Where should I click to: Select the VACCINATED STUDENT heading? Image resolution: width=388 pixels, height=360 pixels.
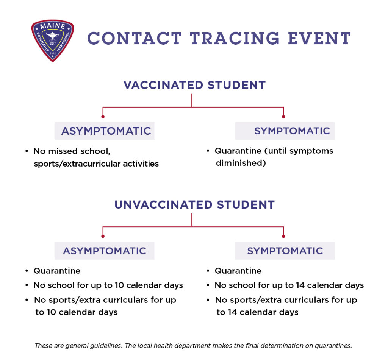pyautogui.click(x=194, y=85)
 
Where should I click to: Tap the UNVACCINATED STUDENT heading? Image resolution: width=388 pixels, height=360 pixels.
pyautogui.click(x=194, y=205)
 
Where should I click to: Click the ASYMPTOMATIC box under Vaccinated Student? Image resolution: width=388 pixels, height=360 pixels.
pyautogui.click(x=106, y=131)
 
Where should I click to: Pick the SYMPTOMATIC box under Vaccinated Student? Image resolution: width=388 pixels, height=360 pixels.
pyautogui.click(x=285, y=131)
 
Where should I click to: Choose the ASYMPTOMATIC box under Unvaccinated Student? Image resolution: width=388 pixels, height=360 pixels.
pyautogui.click(x=104, y=251)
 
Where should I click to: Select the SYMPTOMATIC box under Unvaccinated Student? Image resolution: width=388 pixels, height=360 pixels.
pyautogui.click(x=285, y=251)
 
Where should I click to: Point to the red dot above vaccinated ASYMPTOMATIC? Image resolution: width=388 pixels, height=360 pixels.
pyautogui.click(x=103, y=117)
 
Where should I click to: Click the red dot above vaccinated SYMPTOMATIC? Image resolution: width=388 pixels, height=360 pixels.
pyautogui.click(x=283, y=117)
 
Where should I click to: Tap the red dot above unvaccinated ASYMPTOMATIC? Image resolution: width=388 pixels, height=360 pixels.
pyautogui.click(x=103, y=236)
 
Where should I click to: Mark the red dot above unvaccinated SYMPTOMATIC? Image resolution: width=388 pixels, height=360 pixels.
pyautogui.click(x=283, y=236)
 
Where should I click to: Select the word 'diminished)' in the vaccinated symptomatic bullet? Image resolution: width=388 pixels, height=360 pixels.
pyautogui.click(x=240, y=163)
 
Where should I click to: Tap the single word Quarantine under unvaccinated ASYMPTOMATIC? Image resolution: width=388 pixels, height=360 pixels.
pyautogui.click(x=57, y=271)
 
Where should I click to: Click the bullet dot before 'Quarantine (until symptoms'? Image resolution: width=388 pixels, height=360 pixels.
pyautogui.click(x=208, y=151)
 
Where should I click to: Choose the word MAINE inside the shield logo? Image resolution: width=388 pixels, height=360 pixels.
pyautogui.click(x=52, y=27)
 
